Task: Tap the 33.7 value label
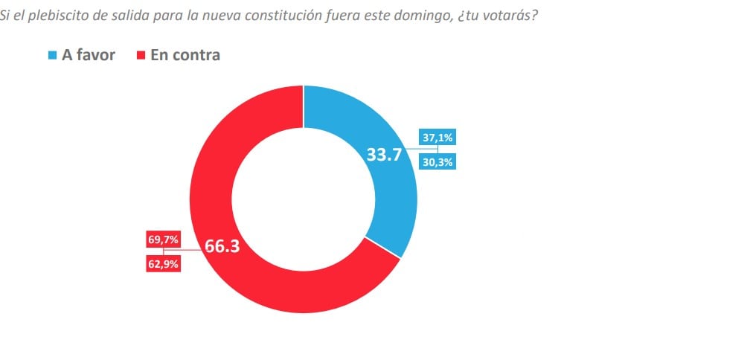point(384,155)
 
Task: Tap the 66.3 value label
point(222,247)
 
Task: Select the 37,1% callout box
point(437,138)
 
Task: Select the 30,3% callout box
point(437,163)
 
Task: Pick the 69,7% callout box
point(163,240)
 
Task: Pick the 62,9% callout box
point(163,264)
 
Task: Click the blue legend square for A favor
point(53,56)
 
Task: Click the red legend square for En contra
point(141,56)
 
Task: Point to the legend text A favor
point(89,55)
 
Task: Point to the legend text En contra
point(185,55)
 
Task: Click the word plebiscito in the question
point(50,16)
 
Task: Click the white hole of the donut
point(304,199)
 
